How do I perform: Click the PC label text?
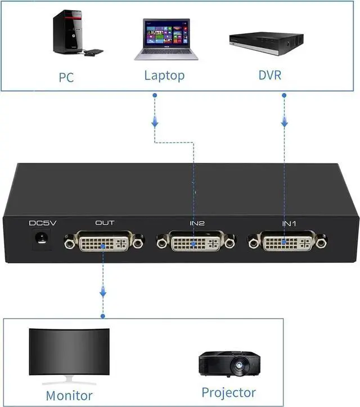tap(66, 77)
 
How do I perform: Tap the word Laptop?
tap(164, 75)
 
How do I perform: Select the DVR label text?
tap(269, 75)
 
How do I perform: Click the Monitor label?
tap(69, 395)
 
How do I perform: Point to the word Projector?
tap(228, 392)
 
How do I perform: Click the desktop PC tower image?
tap(67, 32)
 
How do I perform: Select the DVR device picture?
tap(266, 43)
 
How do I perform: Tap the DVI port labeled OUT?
tap(104, 243)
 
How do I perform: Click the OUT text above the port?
tap(105, 223)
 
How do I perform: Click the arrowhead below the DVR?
tap(285, 122)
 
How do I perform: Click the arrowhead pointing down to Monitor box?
tap(103, 293)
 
